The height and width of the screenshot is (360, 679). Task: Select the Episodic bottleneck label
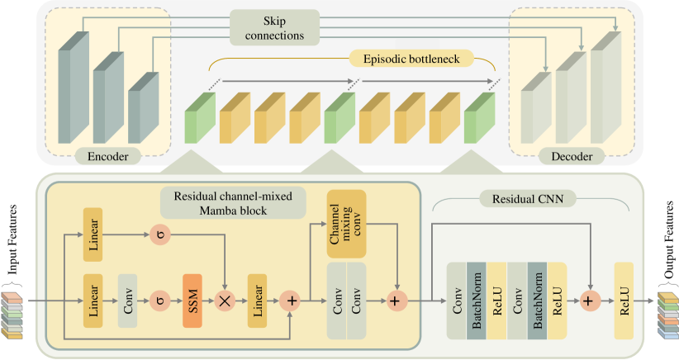[411, 59]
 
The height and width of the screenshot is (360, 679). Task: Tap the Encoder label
[107, 155]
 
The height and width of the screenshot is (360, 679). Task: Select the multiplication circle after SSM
[225, 301]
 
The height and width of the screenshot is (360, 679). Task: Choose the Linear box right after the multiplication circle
[258, 301]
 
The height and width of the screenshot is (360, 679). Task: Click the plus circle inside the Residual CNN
[588, 301]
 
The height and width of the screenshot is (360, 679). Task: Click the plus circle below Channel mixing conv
[398, 301]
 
